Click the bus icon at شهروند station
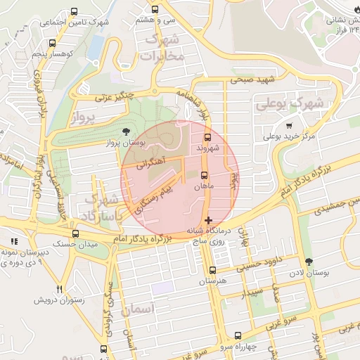207,138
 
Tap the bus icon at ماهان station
205,175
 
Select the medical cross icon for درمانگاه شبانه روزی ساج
207,221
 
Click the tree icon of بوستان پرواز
126,131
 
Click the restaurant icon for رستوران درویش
60,289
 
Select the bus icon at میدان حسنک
75,233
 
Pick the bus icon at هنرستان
212,270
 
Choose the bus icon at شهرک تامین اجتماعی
75,12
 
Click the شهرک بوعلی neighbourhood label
290,103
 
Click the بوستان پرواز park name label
124,143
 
